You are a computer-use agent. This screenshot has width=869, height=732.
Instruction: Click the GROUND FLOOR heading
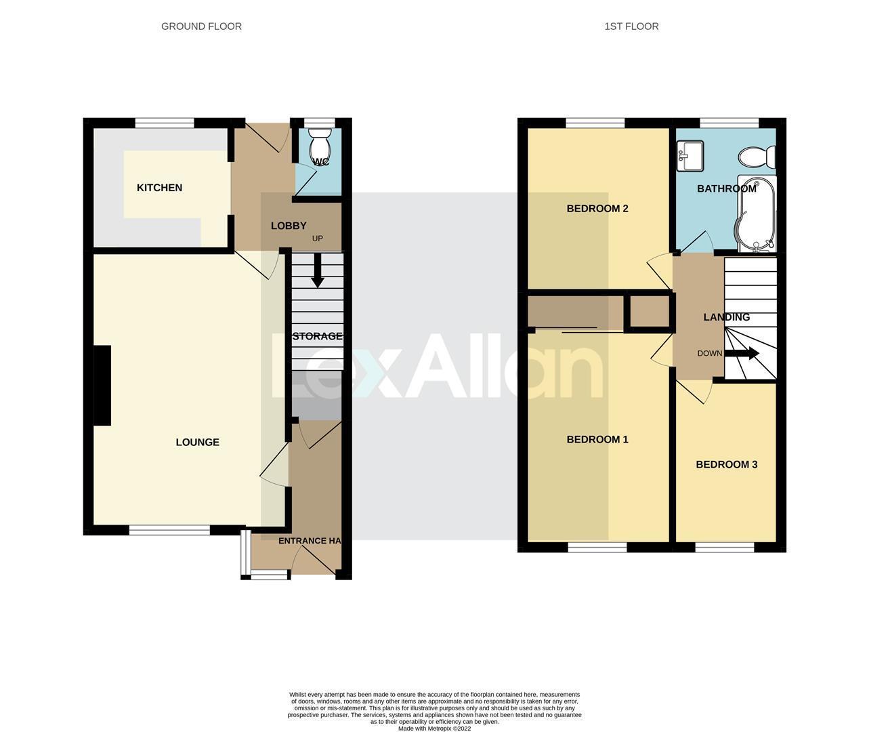point(201,26)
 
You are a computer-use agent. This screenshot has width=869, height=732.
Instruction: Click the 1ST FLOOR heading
point(631,26)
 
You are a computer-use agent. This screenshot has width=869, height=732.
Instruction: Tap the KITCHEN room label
point(159,188)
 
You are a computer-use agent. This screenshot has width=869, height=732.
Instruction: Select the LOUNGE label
point(197,443)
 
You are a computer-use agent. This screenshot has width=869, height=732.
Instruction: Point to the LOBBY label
point(289,226)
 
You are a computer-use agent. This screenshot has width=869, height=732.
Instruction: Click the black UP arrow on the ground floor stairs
point(317,274)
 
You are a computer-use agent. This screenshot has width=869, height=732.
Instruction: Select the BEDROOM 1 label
point(597,440)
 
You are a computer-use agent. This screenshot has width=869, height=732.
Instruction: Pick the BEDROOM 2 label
point(597,209)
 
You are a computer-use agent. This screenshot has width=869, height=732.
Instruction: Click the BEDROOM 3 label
point(726,465)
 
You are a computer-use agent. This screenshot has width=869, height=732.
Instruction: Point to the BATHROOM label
point(727,188)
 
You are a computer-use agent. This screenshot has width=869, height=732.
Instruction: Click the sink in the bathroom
point(690,156)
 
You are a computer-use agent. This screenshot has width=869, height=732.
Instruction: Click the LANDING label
point(726,317)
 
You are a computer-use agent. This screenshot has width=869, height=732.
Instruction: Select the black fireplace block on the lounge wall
point(102,386)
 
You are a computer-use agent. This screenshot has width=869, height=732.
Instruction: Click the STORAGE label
point(317,336)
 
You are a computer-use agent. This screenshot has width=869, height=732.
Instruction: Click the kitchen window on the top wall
point(165,123)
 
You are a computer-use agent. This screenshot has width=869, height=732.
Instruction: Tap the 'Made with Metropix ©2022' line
point(434,729)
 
